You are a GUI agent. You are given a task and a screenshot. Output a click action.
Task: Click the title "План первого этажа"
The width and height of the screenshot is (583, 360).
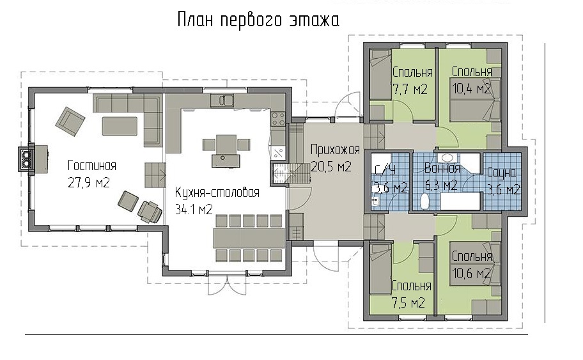258,20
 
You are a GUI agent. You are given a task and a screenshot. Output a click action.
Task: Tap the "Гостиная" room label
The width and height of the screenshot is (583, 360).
92,165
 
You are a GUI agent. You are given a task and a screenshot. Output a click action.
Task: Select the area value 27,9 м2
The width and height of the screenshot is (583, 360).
89,183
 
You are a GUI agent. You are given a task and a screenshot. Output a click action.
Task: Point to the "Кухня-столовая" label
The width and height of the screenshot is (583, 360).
217,192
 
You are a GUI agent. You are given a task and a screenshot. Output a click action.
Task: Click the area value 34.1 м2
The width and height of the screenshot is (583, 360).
194,209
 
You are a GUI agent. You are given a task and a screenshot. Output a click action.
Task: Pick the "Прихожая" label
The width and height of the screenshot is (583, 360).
335,150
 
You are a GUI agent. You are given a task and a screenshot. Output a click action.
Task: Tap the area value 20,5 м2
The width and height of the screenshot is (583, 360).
331,167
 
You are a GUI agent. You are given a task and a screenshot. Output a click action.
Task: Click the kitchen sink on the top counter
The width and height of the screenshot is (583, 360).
222,100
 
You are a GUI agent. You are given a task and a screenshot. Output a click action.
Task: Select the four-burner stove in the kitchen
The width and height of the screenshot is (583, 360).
278,119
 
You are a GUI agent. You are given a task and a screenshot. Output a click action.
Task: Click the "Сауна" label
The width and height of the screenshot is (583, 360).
502,173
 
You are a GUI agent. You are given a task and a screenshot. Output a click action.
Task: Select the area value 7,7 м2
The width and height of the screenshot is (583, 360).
410,90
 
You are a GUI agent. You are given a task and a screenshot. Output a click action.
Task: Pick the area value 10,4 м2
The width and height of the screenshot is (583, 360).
471,88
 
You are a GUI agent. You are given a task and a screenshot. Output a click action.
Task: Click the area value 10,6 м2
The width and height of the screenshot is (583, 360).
471,273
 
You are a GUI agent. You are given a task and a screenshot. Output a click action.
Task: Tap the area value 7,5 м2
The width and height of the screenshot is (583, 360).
408,302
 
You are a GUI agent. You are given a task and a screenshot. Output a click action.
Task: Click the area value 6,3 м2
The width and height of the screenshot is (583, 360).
441,185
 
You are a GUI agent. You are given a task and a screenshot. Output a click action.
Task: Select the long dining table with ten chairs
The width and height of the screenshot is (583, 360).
249,239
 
